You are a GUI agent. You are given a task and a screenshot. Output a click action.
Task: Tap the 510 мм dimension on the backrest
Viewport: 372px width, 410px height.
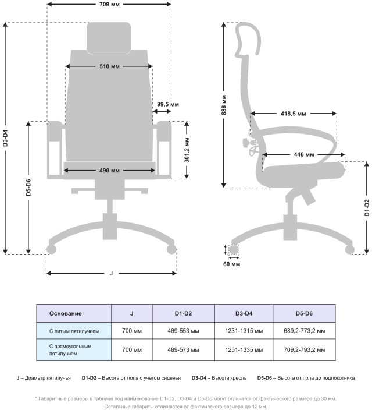coord(109,66)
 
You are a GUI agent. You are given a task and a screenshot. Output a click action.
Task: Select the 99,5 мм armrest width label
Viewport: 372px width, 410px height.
coord(168,104)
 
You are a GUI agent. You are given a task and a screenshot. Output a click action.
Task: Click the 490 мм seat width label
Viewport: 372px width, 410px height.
coord(109,171)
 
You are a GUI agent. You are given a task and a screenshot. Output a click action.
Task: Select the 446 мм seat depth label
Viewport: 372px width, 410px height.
coord(303,155)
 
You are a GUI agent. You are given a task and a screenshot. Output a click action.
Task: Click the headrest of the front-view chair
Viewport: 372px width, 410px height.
coord(109,37)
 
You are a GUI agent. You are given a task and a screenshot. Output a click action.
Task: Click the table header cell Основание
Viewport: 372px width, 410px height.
coord(65,313)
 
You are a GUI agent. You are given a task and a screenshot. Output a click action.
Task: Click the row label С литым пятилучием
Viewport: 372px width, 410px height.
coord(74,331)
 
